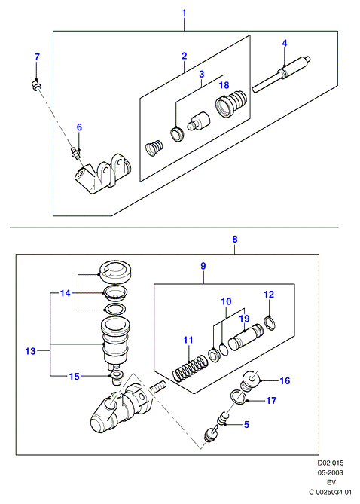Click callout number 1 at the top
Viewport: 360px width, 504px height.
[185, 13]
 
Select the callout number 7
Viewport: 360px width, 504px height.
[37, 57]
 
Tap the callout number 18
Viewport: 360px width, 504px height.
[224, 85]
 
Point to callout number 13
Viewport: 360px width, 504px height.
[31, 351]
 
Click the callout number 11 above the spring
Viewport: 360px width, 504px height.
[188, 340]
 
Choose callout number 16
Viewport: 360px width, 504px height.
[285, 381]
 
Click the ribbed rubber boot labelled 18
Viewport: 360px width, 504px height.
[231, 102]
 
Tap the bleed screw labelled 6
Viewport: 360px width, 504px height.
[76, 151]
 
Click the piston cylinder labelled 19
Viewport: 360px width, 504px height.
[246, 336]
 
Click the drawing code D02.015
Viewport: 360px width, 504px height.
[331, 463]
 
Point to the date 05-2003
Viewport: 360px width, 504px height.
[330, 472]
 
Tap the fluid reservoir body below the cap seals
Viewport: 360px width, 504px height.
[115, 341]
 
